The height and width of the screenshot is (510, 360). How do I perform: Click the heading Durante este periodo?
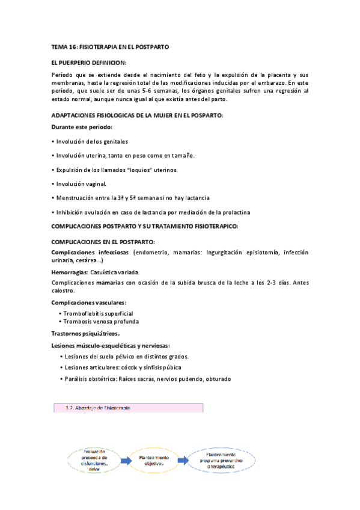click(x=82, y=127)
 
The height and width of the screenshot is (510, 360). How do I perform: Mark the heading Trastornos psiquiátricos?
click(x=85, y=333)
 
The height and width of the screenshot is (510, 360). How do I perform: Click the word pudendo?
click(x=189, y=379)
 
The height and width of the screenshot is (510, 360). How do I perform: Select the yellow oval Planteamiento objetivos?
click(x=154, y=460)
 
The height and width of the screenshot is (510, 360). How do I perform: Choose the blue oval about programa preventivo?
click(x=222, y=461)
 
